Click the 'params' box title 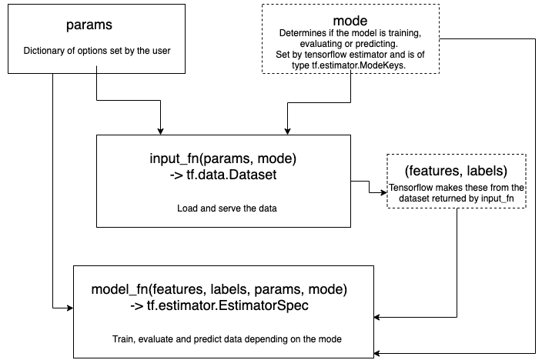89,25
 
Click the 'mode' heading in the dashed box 350,21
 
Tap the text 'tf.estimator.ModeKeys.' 359,65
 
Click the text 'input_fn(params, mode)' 223,158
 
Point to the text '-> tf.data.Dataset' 223,175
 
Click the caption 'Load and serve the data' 227,208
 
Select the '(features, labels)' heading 456,171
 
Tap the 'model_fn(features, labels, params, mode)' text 219,289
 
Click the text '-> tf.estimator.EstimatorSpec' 219,305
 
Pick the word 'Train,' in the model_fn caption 123,339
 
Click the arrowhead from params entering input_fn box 160,132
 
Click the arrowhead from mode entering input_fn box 288,132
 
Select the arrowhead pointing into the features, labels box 383,192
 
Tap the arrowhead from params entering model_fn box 70,308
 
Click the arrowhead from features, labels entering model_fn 377,317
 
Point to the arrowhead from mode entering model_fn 377,353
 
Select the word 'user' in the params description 162,51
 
